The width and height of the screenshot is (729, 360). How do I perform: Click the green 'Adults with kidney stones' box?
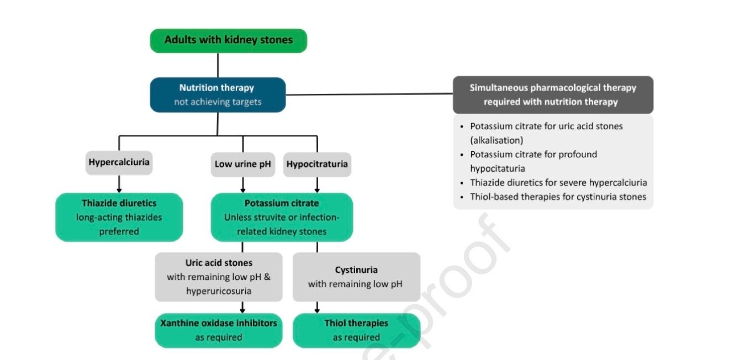click(229, 40)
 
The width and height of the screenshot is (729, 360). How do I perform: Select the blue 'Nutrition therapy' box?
click(218, 94)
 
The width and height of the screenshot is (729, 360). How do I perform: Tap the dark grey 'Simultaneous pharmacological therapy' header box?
click(553, 94)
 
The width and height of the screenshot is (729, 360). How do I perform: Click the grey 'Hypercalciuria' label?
click(119, 163)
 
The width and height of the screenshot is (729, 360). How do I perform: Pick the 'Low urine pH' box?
click(243, 164)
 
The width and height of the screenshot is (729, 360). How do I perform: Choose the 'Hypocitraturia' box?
click(317, 164)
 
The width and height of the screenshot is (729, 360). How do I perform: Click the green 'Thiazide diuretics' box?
click(119, 217)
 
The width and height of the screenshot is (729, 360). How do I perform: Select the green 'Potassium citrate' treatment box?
click(282, 217)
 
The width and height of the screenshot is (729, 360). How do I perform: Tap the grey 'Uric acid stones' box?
click(219, 277)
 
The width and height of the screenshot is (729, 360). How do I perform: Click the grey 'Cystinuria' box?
click(356, 277)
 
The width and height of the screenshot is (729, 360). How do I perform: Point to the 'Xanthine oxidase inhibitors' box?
click(219, 330)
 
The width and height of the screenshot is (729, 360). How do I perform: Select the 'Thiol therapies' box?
click(356, 330)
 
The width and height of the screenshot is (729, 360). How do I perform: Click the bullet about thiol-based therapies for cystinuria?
click(558, 197)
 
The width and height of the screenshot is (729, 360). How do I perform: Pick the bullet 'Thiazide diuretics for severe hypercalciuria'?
click(558, 183)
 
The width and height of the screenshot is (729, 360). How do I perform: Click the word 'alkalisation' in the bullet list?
click(496, 140)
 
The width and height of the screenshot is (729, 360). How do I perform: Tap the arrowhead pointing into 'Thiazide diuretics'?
click(119, 190)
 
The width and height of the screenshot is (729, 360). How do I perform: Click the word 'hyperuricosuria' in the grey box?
click(219, 291)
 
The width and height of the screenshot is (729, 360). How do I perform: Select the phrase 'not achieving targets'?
click(218, 102)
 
